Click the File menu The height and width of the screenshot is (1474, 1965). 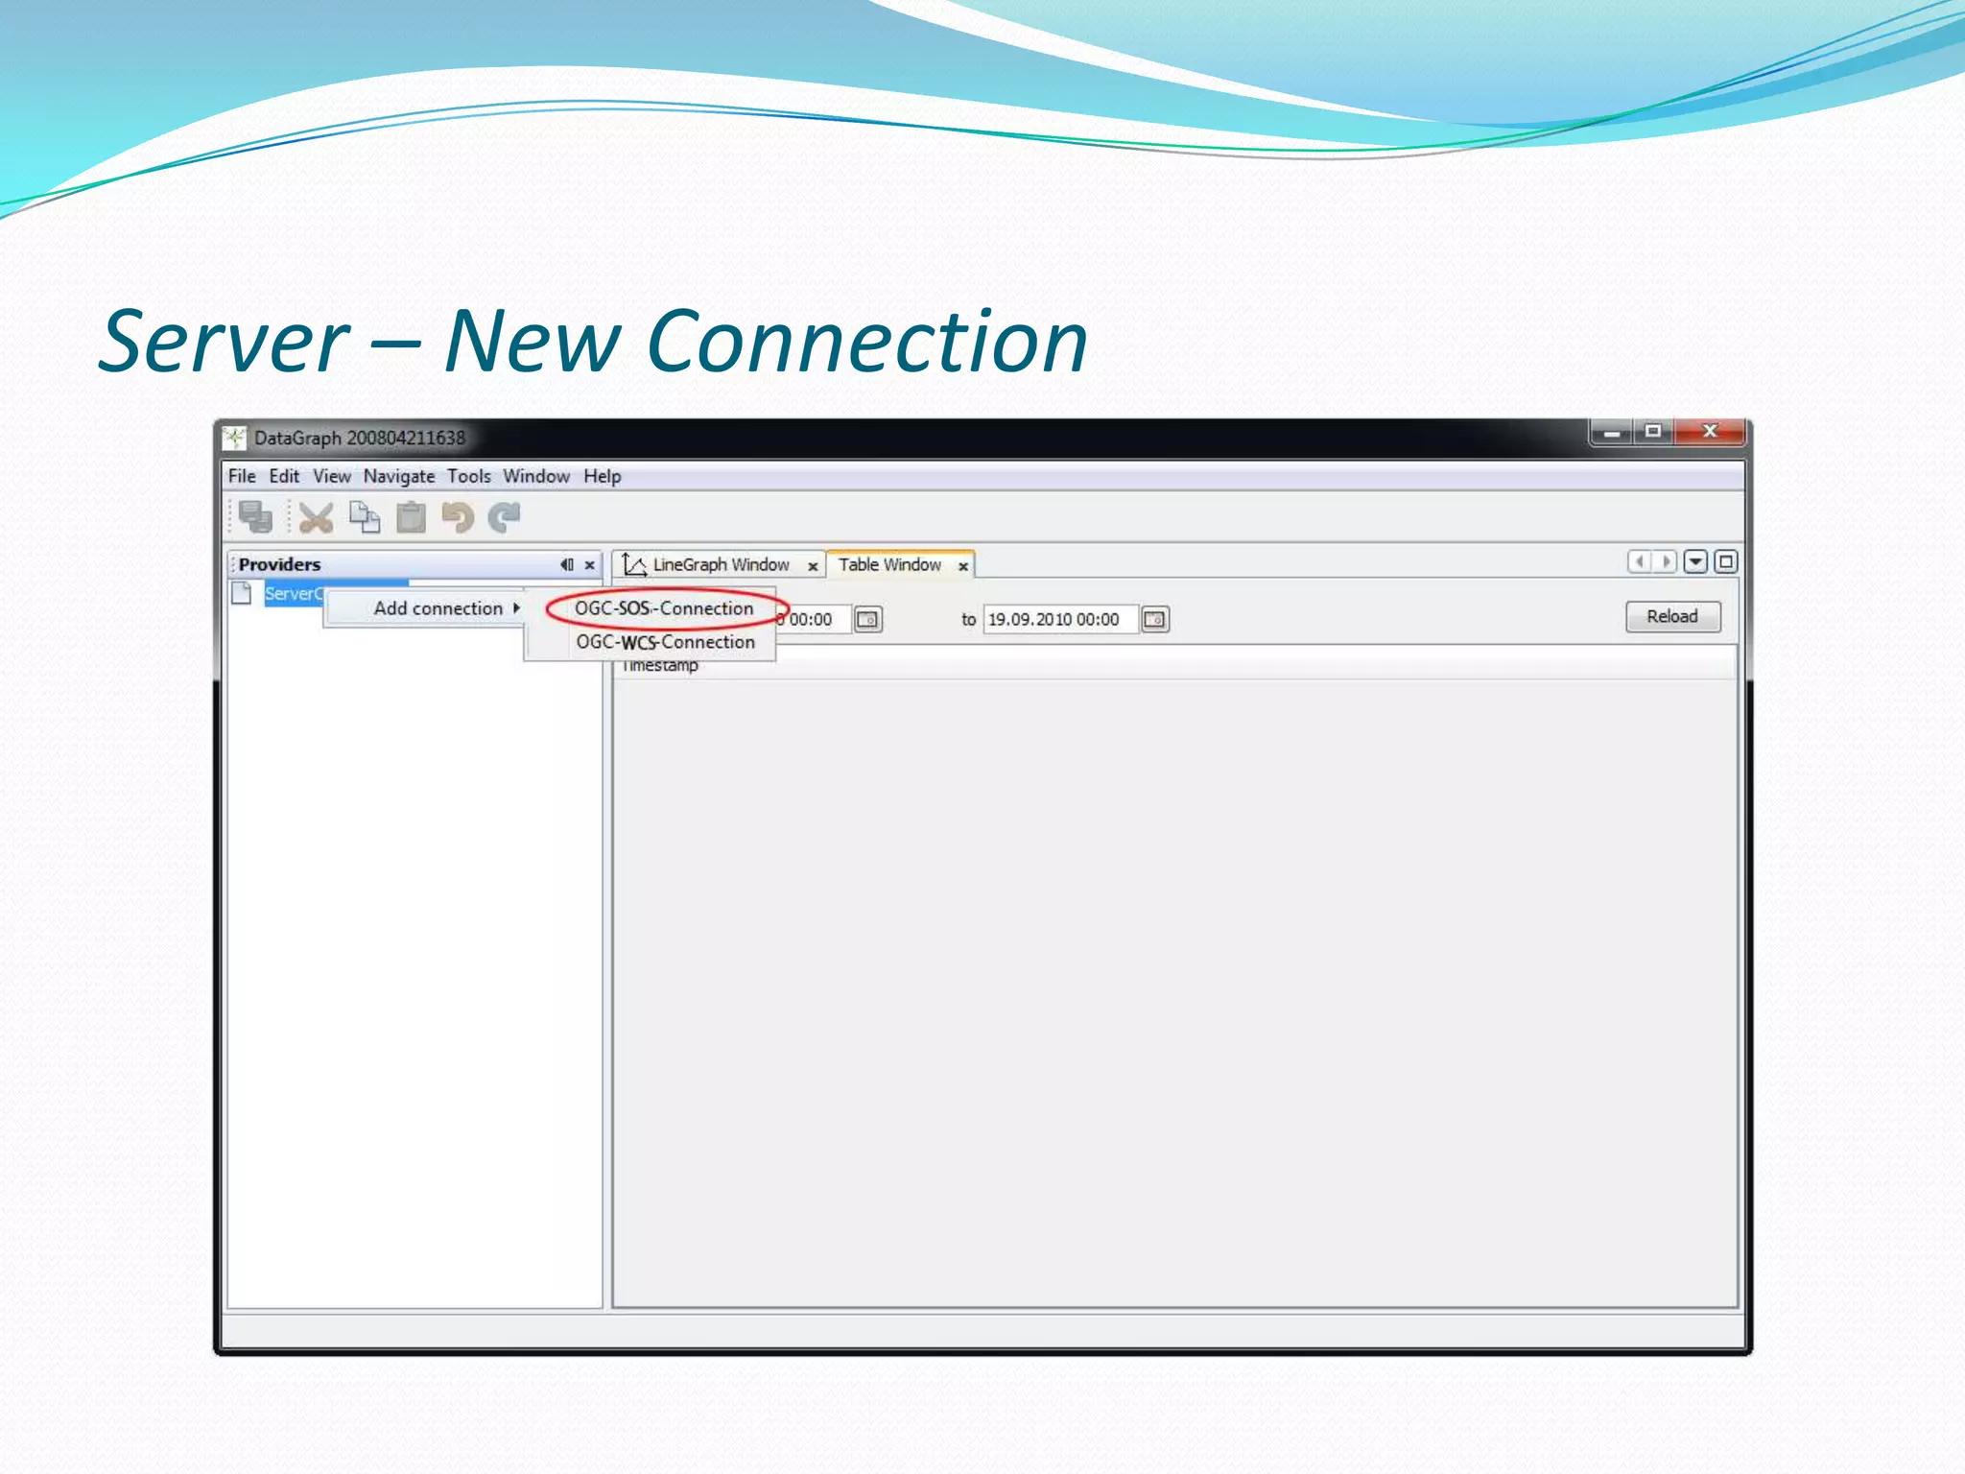click(242, 476)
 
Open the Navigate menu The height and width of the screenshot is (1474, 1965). click(398, 476)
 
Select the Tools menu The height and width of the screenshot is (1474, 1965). click(468, 476)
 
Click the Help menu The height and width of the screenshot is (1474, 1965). click(602, 476)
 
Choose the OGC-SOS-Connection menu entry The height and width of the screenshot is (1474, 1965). click(664, 608)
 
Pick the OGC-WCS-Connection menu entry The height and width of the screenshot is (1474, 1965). click(665, 642)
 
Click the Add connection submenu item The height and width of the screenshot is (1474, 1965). click(438, 608)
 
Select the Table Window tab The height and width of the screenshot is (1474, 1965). click(889, 565)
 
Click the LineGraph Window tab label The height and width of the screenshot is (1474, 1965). click(721, 565)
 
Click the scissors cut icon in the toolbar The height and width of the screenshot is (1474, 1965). click(316, 518)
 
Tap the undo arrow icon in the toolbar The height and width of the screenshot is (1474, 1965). click(458, 518)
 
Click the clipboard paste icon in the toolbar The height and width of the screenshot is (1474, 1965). click(411, 518)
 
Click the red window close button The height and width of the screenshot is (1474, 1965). click(1710, 432)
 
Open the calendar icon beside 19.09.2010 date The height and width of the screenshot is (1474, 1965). click(1155, 620)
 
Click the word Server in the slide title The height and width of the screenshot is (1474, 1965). click(225, 342)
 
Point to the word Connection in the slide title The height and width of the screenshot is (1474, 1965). click(867, 342)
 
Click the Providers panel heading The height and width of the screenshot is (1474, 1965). click(279, 565)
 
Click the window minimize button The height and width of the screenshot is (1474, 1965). click(1612, 433)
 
